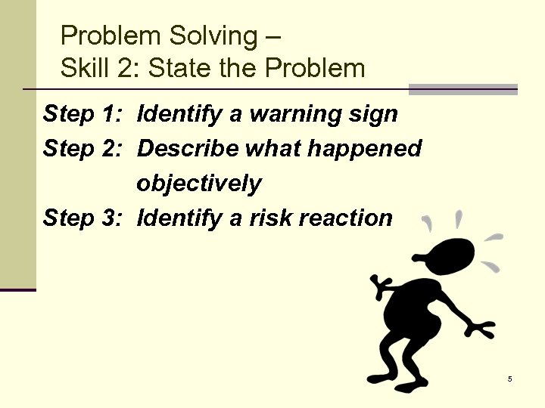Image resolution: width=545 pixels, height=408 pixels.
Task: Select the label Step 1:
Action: [x=83, y=114]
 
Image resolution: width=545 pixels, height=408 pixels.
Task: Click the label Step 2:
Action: [x=83, y=149]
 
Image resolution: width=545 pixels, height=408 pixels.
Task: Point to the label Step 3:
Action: [x=83, y=218]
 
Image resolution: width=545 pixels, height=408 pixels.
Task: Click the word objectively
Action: [x=199, y=184]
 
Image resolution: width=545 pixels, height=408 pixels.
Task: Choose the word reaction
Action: [x=346, y=218]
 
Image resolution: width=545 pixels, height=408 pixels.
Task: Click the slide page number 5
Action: [x=509, y=379]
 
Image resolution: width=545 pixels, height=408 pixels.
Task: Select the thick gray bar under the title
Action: [x=462, y=89]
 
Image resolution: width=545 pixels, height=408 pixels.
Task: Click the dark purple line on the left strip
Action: [x=17, y=289]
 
